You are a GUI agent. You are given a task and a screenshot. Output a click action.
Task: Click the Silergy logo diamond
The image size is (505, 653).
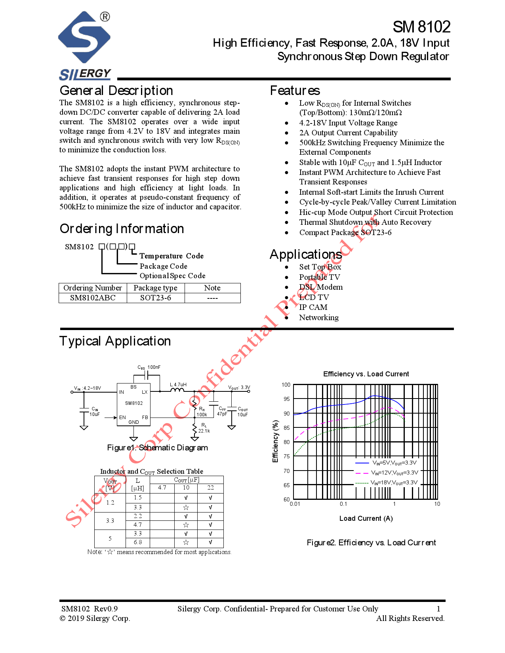(84, 37)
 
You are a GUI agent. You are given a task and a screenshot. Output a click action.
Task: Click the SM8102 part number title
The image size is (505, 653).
(421, 27)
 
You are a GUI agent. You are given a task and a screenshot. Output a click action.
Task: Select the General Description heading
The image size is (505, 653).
(116, 91)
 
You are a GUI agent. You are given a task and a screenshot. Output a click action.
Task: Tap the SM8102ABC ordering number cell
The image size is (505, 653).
(93, 298)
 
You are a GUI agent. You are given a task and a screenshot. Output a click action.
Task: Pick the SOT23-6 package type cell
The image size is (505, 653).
(155, 298)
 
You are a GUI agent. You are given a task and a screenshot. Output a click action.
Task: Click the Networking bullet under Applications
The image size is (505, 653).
(318, 317)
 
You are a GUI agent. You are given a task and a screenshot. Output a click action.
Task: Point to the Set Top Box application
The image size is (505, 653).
(320, 267)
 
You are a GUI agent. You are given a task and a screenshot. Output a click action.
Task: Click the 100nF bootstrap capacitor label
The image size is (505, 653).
(154, 367)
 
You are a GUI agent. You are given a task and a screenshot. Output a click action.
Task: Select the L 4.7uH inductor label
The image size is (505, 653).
(178, 384)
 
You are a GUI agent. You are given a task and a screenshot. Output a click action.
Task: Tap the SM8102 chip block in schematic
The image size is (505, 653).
(133, 404)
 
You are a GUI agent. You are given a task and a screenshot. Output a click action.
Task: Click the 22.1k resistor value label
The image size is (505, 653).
(204, 431)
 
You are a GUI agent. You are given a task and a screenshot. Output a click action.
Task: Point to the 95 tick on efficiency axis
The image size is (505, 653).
(286, 399)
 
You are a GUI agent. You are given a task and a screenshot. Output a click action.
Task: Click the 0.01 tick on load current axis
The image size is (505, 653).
(295, 504)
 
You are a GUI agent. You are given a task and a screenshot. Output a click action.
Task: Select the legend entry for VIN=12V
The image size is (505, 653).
(394, 473)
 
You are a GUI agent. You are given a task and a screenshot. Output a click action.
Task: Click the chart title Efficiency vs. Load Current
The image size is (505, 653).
(366, 374)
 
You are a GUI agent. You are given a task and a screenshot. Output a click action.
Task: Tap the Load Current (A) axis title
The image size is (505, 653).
(366, 518)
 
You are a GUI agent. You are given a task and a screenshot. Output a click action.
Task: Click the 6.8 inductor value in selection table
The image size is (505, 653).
(137, 542)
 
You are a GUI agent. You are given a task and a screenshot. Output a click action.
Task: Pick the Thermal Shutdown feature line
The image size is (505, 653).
(365, 222)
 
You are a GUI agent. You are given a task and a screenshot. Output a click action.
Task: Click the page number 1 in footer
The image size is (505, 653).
(438, 609)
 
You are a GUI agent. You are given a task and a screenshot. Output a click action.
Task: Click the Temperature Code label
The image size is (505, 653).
(171, 256)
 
